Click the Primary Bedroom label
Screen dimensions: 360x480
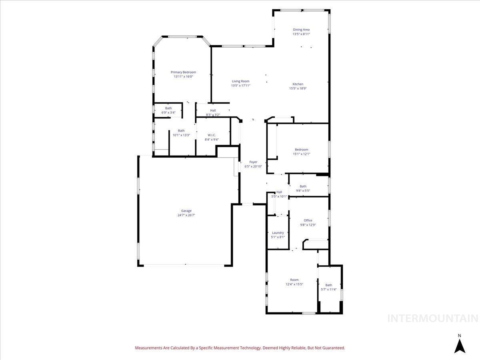[x=183, y=72]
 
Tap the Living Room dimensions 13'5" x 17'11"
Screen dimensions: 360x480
[x=240, y=86]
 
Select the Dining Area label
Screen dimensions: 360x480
[x=301, y=30]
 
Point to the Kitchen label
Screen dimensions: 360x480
[x=298, y=84]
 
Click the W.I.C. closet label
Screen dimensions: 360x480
[x=212, y=135]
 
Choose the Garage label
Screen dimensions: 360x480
[x=186, y=211]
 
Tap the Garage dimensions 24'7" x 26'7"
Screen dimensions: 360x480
[x=186, y=215]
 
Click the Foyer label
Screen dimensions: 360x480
[x=253, y=162]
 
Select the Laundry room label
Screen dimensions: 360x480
[x=278, y=233]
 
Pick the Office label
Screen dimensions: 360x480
[x=308, y=220]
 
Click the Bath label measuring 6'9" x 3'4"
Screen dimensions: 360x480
[x=168, y=108]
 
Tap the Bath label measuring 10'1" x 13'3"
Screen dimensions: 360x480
[x=181, y=130]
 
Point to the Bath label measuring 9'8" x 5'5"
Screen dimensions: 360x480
[x=303, y=186]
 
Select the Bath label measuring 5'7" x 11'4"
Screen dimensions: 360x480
[x=328, y=285]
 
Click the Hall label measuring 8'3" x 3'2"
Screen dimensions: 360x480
[x=213, y=110]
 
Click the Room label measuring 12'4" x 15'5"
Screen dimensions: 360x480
[x=294, y=280]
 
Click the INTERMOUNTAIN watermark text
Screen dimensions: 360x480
[x=433, y=318]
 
